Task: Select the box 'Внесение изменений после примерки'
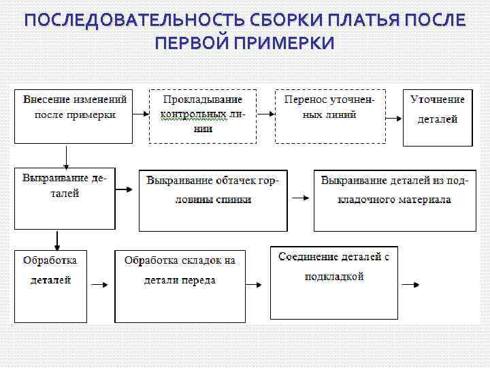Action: click(73, 115)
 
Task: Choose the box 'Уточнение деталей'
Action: click(438, 117)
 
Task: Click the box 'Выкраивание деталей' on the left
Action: click(65, 198)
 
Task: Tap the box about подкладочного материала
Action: click(394, 200)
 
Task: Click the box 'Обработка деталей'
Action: click(50, 285)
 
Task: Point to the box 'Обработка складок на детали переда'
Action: click(180, 285)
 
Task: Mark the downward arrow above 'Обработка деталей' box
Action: click(57, 240)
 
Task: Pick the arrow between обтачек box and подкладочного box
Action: click(300, 198)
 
